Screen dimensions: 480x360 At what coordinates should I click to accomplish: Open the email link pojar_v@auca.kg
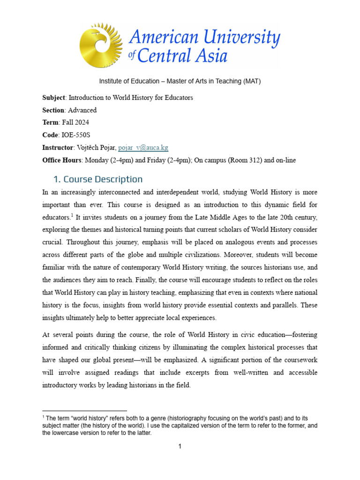143,148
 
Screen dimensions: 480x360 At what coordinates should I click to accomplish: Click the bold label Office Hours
62,160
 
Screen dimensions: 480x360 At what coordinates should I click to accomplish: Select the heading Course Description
103,179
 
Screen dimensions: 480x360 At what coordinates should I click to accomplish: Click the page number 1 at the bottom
180,447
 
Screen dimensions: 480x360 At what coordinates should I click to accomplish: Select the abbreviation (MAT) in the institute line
252,81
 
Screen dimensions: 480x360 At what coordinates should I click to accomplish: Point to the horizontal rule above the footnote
84,411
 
